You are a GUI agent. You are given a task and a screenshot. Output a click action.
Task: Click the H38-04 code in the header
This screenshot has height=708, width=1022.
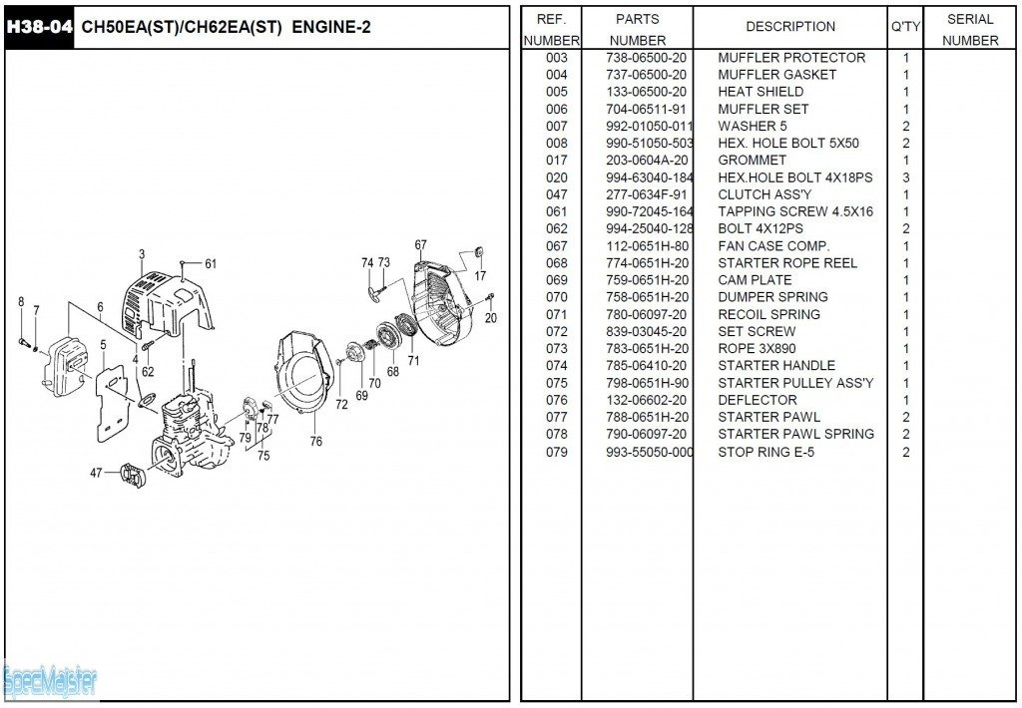coord(39,27)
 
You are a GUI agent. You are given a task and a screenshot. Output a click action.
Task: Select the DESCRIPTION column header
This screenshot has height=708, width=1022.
coord(790,27)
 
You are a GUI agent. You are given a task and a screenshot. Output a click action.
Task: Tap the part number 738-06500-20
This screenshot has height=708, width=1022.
coord(647,58)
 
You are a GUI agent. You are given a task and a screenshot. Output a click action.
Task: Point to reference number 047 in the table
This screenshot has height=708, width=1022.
coord(556,194)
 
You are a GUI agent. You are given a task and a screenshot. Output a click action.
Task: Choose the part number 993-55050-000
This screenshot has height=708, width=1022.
coord(649,452)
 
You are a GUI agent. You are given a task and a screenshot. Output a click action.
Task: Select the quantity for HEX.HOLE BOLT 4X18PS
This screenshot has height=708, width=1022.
coord(906,177)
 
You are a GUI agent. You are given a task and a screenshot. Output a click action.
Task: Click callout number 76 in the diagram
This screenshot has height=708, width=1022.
coord(315,441)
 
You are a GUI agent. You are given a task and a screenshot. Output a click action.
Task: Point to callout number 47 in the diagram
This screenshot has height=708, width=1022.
coord(96,473)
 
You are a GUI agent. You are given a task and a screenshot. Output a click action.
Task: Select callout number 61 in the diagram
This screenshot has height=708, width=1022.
coord(211,264)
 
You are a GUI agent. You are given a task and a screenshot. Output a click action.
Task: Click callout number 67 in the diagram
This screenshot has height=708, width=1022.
coord(420,245)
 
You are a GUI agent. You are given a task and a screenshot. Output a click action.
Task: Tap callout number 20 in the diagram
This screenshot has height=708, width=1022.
coord(490,318)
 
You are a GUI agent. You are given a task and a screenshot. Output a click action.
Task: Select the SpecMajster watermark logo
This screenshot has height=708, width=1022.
coord(50,682)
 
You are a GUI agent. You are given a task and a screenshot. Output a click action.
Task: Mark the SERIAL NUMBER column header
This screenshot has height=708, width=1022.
coord(970,30)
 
